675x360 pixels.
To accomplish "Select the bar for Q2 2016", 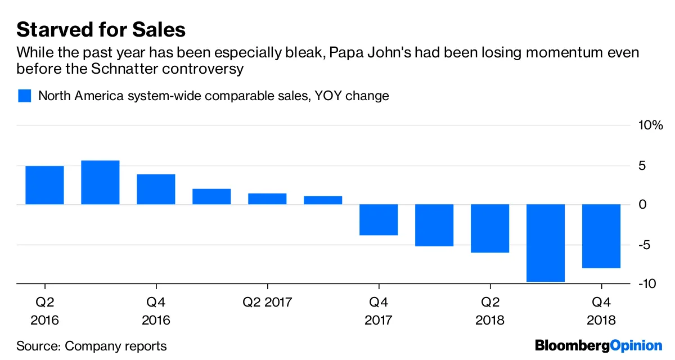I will [x=44, y=185].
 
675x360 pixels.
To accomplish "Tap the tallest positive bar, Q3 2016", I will [x=100, y=182].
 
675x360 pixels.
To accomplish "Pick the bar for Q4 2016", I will [x=156, y=189].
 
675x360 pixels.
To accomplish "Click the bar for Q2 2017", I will [x=267, y=199].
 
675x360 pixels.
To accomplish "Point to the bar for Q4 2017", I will [x=379, y=219].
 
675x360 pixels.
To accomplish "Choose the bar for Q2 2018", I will [x=490, y=228].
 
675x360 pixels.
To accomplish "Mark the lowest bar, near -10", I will [x=546, y=242].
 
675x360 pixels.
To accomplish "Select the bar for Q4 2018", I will [x=601, y=236].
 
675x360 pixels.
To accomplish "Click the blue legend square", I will [x=24, y=96].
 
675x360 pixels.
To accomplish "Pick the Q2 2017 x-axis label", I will [x=267, y=303].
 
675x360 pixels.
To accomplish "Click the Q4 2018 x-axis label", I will [x=601, y=311].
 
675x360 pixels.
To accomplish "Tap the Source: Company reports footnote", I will [x=92, y=346].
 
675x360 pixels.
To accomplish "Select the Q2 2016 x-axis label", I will [x=44, y=311].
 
